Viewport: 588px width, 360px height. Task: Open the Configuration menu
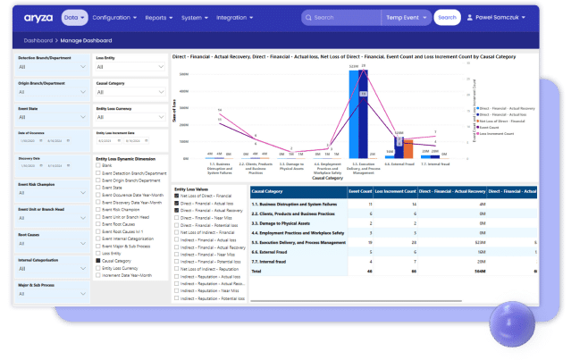(114, 17)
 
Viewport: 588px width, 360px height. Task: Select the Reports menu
(161, 17)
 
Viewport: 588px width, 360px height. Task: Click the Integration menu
(234, 17)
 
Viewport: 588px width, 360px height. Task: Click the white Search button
(447, 17)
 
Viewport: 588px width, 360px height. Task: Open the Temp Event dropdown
(410, 17)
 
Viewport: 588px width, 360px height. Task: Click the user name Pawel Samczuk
(506, 17)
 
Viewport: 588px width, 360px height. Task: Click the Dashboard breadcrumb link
(38, 41)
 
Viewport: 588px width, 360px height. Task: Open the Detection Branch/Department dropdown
(52, 66)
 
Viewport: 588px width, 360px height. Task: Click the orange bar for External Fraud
(408, 147)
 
